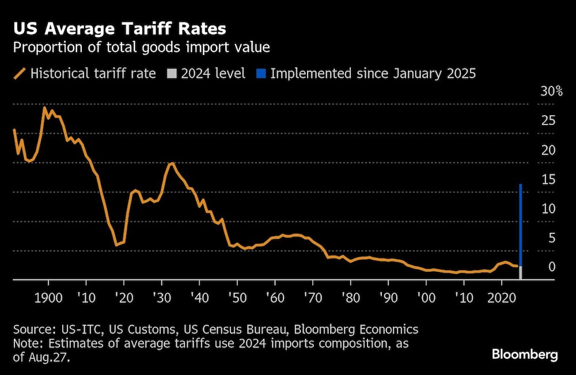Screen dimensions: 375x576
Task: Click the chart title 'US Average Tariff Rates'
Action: tap(119, 28)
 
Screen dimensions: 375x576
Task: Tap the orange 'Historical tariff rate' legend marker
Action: tap(20, 74)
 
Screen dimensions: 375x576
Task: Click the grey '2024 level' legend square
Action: tap(172, 74)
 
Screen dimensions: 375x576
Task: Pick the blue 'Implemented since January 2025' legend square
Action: tap(260, 74)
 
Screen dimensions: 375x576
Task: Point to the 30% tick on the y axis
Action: tap(551, 92)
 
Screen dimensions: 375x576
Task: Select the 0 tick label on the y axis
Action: tap(551, 267)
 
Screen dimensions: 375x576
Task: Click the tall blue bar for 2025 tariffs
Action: tap(521, 225)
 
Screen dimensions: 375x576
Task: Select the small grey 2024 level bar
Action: tap(521, 273)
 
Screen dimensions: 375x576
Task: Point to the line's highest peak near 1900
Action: tap(44, 108)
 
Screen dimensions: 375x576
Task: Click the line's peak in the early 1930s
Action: tap(171, 164)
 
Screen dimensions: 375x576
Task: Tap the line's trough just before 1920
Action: tap(116, 245)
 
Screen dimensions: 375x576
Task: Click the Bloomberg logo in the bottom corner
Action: tap(524, 354)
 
